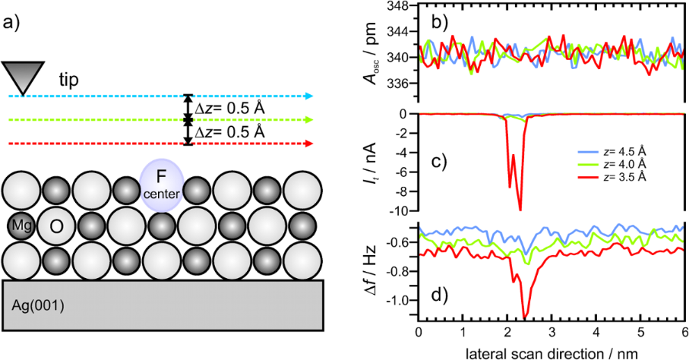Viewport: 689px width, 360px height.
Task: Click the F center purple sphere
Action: (x=161, y=184)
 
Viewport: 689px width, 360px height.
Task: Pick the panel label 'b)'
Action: (x=441, y=21)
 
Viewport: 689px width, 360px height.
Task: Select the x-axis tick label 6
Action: (x=684, y=333)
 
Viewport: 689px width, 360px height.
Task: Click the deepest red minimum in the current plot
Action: (x=520, y=210)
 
